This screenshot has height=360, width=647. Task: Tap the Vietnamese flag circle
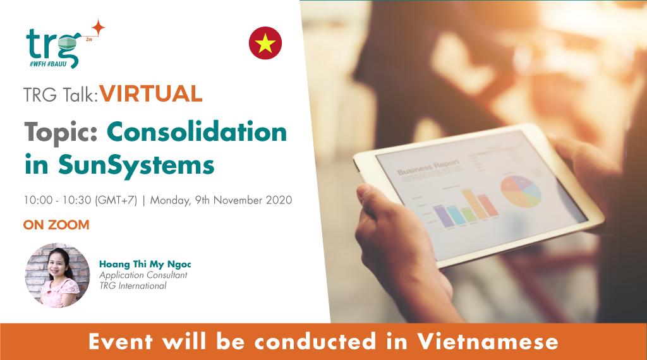pyautogui.click(x=265, y=43)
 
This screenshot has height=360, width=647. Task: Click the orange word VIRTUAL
pyautogui.click(x=151, y=95)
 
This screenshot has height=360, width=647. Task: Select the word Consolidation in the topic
pyautogui.click(x=197, y=133)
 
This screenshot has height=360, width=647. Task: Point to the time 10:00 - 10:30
pyautogui.click(x=58, y=201)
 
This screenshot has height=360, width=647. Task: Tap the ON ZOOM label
pyautogui.click(x=56, y=224)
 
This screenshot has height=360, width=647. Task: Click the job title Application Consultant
pyautogui.click(x=143, y=275)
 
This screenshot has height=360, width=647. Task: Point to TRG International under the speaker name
pyautogui.click(x=133, y=285)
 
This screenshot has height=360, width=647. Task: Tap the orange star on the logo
pyautogui.click(x=97, y=28)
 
